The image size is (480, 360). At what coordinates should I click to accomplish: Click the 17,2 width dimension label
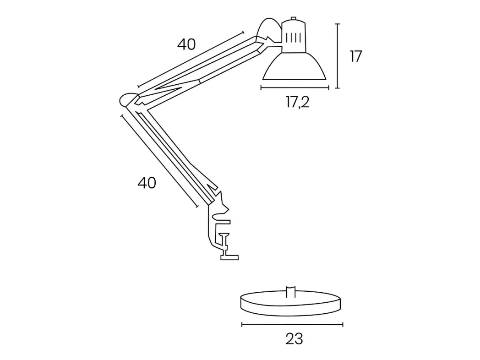(298, 102)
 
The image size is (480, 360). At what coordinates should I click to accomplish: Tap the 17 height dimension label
(356, 57)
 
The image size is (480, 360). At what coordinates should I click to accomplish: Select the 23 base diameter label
(294, 339)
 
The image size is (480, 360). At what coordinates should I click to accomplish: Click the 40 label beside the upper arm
(186, 45)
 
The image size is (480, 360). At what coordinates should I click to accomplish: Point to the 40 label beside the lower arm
(147, 183)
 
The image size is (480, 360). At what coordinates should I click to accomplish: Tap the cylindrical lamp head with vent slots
(294, 36)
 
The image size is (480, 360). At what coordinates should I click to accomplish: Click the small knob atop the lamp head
(294, 19)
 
